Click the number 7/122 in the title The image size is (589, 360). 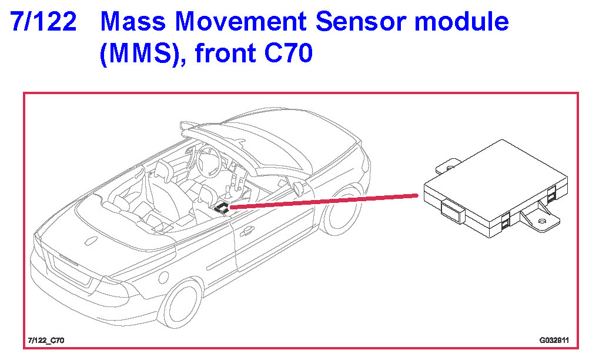coord(43,21)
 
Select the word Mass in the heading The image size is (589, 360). coord(133,21)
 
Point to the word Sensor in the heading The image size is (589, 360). coord(360,21)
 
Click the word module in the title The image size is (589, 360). coord(461,21)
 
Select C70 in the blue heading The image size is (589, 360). coord(289,53)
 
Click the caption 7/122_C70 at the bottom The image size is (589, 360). coord(46,341)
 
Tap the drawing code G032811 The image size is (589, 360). coord(554,341)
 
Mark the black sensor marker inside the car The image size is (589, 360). coord(222,208)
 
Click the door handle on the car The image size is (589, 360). coord(247,232)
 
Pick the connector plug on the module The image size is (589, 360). coord(453,212)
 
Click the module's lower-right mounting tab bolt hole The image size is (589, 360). coord(541,221)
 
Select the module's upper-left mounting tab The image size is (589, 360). coord(448,166)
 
